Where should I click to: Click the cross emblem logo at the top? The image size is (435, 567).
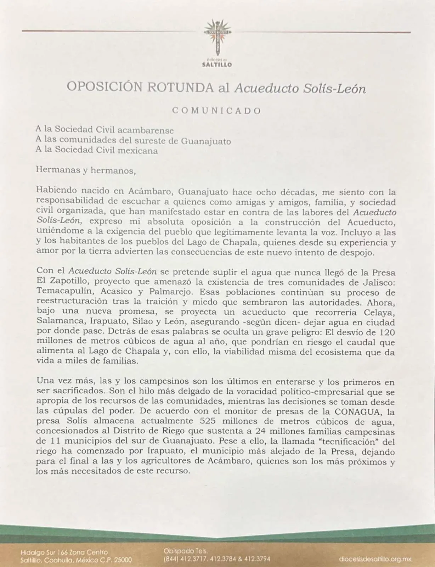pyautogui.click(x=217, y=37)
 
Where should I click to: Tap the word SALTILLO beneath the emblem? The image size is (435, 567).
pyautogui.click(x=217, y=65)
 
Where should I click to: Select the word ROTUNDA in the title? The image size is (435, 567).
pyautogui.click(x=180, y=87)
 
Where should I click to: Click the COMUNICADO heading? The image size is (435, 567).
pyautogui.click(x=216, y=111)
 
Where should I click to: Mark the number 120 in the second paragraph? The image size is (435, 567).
pyautogui.click(x=387, y=332)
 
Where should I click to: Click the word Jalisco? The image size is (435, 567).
pyautogui.click(x=378, y=283)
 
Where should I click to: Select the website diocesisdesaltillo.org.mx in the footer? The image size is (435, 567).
pyautogui.click(x=375, y=559)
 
